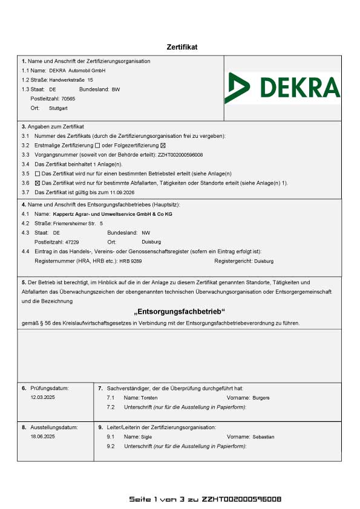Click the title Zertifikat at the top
tap(182, 47)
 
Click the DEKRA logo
tap(282, 88)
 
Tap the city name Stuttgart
tap(58, 108)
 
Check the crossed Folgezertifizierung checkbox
tap(163, 146)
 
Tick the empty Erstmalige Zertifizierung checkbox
tap(98, 146)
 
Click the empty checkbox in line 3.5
tap(38, 173)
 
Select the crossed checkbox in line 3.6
tap(38, 183)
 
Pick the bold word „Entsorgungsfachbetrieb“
tap(179, 311)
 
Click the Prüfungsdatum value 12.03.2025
tap(42, 398)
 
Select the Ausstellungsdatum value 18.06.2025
tap(42, 436)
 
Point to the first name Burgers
tap(262, 398)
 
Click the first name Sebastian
tap(263, 436)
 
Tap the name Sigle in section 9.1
tap(146, 436)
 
